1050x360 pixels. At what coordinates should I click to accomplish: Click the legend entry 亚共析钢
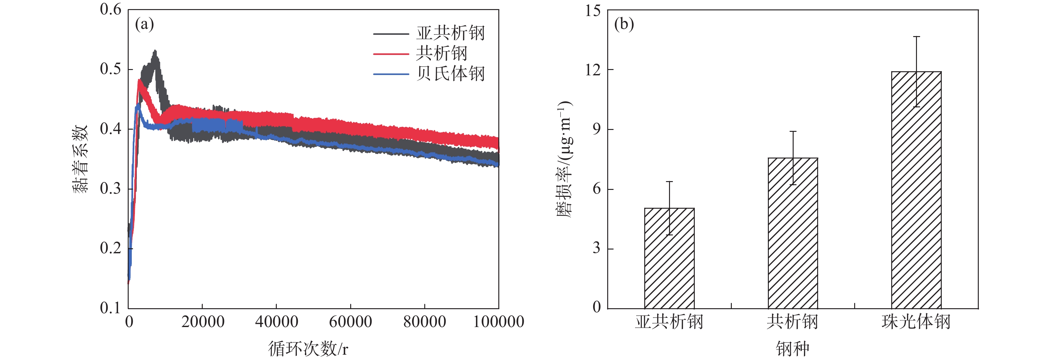point(450,33)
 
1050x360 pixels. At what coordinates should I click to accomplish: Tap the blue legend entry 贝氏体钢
point(450,74)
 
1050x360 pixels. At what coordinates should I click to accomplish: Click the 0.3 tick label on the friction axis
point(110,188)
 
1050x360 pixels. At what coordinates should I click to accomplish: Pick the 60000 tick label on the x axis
point(350,322)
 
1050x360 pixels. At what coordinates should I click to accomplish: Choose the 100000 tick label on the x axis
point(498,322)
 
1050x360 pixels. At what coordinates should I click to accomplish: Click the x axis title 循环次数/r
point(308,349)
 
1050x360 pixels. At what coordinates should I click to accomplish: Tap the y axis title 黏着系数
point(80,159)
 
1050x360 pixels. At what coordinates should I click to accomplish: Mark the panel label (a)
point(144,24)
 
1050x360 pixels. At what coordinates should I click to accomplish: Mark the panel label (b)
point(624,24)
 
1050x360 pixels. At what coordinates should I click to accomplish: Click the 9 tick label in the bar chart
point(597,129)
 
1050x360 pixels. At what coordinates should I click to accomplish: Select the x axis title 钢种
point(792,349)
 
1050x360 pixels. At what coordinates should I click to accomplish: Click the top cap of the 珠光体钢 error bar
point(916,37)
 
